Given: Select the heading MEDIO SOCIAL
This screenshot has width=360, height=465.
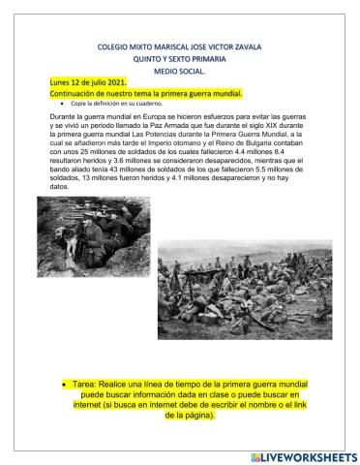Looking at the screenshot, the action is (180, 71).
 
